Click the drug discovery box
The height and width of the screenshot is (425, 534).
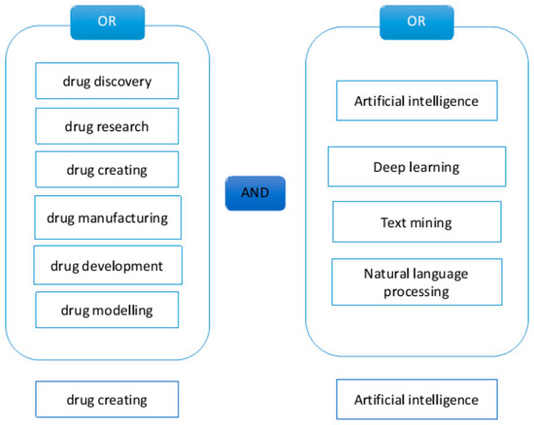(x=107, y=81)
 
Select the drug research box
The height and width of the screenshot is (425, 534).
(x=107, y=125)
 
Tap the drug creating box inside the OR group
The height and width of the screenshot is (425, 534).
(x=107, y=170)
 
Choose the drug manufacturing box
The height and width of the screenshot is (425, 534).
(x=108, y=217)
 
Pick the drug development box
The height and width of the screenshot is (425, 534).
(x=108, y=265)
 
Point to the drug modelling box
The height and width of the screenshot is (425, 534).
(x=107, y=311)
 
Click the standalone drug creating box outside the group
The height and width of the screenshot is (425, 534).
(x=107, y=399)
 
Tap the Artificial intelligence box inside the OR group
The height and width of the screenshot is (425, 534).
(x=416, y=99)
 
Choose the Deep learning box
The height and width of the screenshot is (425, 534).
(x=416, y=166)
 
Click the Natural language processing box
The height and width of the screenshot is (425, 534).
(x=416, y=281)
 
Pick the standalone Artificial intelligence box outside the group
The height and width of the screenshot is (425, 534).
(x=416, y=399)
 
